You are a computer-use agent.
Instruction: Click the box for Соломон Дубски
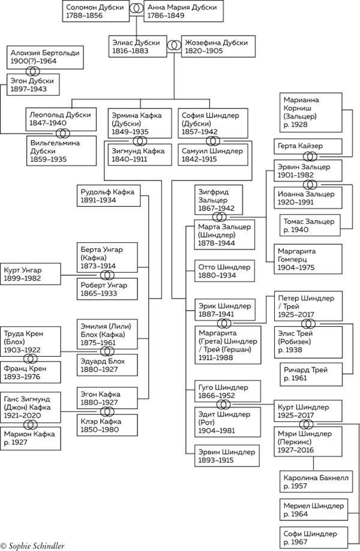[96, 11]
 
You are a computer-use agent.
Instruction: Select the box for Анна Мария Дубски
[184, 11]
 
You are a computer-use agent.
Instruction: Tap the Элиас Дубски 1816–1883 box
[137, 46]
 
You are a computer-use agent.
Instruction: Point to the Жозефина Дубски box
[218, 46]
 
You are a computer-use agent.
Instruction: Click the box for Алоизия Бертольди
[46, 57]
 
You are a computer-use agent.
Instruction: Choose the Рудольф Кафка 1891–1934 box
[109, 195]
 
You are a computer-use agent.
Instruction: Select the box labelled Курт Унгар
[30, 274]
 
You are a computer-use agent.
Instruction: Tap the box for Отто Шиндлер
[224, 271]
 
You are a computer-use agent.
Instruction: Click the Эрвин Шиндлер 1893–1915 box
[227, 456]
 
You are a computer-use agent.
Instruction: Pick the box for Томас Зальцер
[310, 225]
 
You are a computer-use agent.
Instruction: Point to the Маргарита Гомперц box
[308, 259]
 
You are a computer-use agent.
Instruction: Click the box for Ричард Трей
[311, 375]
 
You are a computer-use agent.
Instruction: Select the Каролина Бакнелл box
[316, 482]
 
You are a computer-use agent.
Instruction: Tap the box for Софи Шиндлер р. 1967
[314, 538]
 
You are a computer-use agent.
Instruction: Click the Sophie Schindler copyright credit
[32, 546]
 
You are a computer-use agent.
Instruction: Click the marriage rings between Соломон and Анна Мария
[136, 10]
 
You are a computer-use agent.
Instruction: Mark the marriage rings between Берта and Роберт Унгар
[107, 275]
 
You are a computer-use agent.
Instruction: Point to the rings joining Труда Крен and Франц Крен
[31, 359]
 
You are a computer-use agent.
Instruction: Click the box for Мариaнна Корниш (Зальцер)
[311, 113]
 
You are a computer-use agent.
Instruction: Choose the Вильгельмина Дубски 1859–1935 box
[61, 151]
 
